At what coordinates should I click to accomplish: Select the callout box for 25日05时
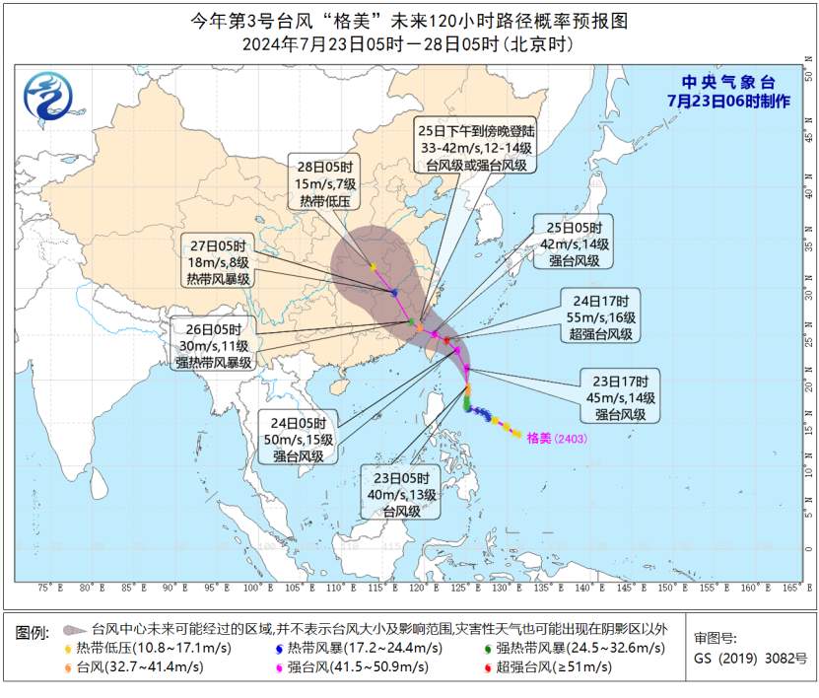point(574,242)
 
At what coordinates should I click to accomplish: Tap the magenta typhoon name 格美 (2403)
point(557,436)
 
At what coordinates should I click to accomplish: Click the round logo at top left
point(47,98)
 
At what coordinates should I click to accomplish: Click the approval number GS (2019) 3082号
point(750,658)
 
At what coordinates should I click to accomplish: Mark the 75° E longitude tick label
point(44,589)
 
